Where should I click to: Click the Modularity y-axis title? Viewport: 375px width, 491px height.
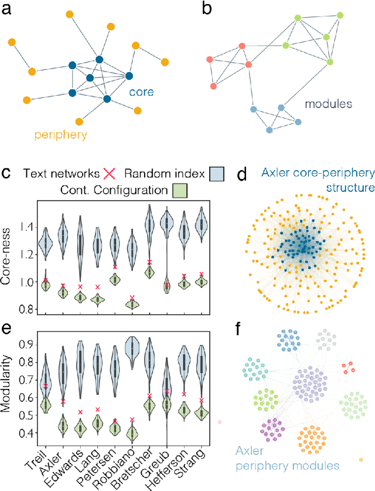pos(8,388)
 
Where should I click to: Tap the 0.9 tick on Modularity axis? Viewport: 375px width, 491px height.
pos(25,344)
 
